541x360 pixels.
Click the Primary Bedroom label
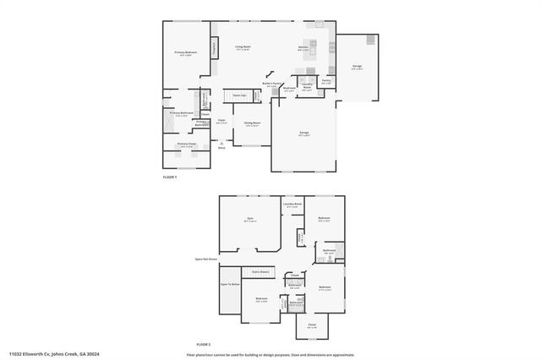click(x=186, y=54)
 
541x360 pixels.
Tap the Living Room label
click(x=243, y=47)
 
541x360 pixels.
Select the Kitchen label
click(x=303, y=47)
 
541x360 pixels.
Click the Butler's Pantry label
click(x=270, y=85)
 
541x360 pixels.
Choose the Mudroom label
click(x=288, y=88)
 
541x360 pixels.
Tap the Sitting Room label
click(x=252, y=123)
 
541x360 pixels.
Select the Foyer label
click(x=221, y=121)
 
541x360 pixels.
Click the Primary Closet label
click(x=186, y=145)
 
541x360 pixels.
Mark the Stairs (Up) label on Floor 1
click(x=239, y=95)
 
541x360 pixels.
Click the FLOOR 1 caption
click(x=171, y=177)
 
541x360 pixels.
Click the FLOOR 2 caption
click(x=203, y=344)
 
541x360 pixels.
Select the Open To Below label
click(x=230, y=284)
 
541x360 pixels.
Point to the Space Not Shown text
click(x=205, y=259)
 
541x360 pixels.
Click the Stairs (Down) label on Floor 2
click(x=260, y=271)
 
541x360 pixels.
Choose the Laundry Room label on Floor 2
click(x=293, y=204)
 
